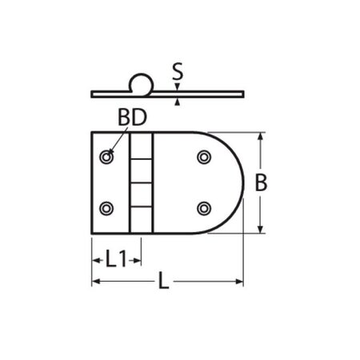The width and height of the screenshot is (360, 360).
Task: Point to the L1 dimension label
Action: [117, 258]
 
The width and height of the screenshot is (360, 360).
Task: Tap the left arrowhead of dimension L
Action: [96, 281]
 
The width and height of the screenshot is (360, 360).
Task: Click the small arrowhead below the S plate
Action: [178, 102]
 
